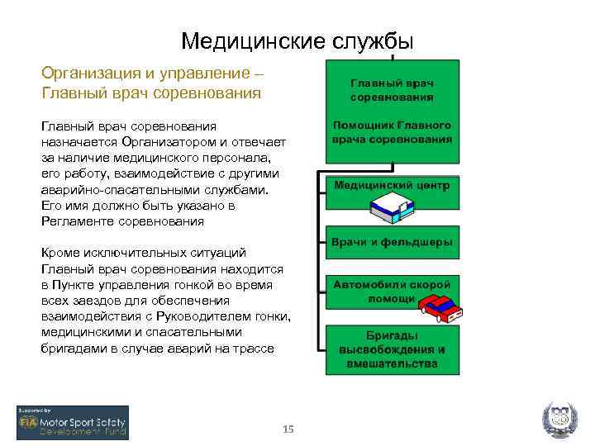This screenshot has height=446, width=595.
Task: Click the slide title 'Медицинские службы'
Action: tap(297, 40)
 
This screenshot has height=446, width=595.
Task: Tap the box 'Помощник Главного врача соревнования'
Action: tap(392, 132)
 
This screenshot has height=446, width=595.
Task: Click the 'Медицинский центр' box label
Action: tap(392, 186)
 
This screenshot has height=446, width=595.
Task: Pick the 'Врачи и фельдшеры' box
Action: tap(392, 243)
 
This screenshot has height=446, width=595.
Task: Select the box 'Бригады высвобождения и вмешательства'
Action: tap(392, 349)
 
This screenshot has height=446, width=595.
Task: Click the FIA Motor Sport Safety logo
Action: tap(73, 422)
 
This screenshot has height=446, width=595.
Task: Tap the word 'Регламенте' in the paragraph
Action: tap(77, 221)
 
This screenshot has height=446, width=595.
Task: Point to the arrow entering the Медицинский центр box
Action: tap(321, 186)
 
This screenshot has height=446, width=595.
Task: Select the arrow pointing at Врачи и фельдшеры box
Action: tap(321, 243)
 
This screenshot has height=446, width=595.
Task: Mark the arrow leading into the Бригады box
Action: tap(321, 349)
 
